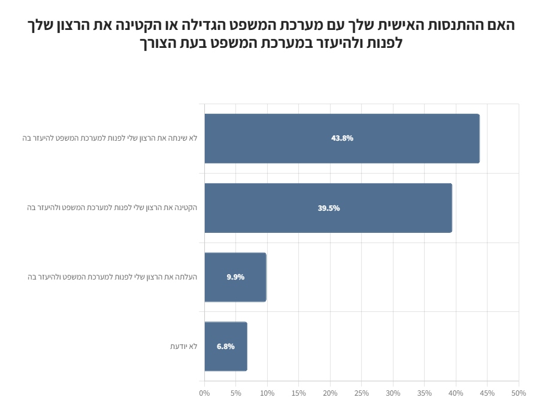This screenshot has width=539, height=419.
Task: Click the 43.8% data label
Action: tap(342, 138)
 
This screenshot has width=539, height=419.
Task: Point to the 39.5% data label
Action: tap(329, 208)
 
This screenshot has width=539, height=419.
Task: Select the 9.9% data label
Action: tap(235, 277)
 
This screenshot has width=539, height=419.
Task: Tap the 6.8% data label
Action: tap(226, 346)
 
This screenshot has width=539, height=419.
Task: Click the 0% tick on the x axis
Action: tap(204, 393)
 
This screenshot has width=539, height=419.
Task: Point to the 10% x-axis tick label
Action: tap(267, 393)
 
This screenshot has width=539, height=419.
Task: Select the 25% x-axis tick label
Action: tap(361, 393)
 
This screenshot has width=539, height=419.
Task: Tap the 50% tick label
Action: tap(519, 393)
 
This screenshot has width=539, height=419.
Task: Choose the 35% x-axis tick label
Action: tap(424, 393)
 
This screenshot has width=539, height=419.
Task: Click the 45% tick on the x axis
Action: tap(487, 393)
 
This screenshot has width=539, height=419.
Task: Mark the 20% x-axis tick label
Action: tap(330, 393)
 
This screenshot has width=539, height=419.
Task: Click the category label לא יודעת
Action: tap(183, 346)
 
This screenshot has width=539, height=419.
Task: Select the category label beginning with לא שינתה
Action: tap(110, 138)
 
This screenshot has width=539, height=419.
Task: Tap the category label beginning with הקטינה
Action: tap(112, 208)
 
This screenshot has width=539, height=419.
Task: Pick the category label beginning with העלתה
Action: tap(112, 277)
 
